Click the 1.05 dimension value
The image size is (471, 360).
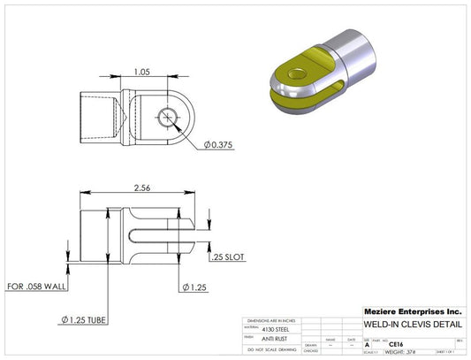(x=141, y=73)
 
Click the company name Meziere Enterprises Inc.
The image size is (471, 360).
(x=413, y=311)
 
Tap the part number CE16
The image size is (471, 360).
(x=397, y=344)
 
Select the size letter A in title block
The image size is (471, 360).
(x=368, y=344)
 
